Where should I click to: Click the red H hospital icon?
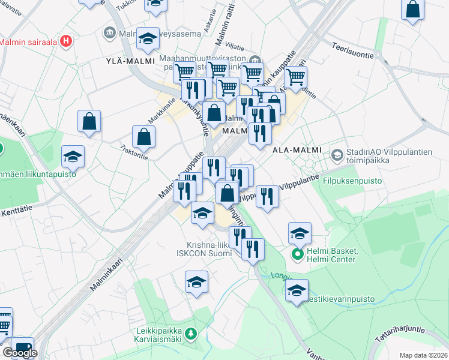pos(67,41)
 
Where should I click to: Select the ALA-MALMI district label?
pos(297,149)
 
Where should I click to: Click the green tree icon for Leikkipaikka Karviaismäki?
pos(190,333)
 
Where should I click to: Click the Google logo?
pos(20,353)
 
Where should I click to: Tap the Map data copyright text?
pos(424,355)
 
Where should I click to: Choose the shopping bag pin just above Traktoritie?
pos(144,137)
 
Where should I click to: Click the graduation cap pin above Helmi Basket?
pos(300,233)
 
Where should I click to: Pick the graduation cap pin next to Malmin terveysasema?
pos(148,39)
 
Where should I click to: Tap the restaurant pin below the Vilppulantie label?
pos(267,196)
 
